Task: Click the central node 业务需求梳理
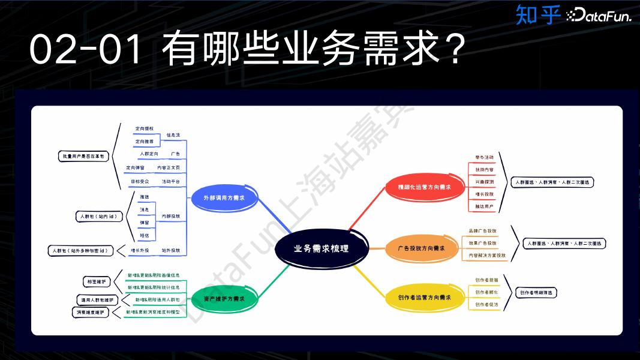point(321,248)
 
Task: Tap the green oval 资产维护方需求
point(223,298)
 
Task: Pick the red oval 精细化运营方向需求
point(424,187)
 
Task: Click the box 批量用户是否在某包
point(83,156)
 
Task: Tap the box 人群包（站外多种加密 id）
point(80,251)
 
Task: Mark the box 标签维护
point(95,281)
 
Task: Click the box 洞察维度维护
point(91,313)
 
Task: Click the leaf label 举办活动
point(484,157)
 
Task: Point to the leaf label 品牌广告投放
point(482,231)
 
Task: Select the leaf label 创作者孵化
point(486,292)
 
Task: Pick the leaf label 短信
point(144,235)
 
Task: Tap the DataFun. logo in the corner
point(599,16)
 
